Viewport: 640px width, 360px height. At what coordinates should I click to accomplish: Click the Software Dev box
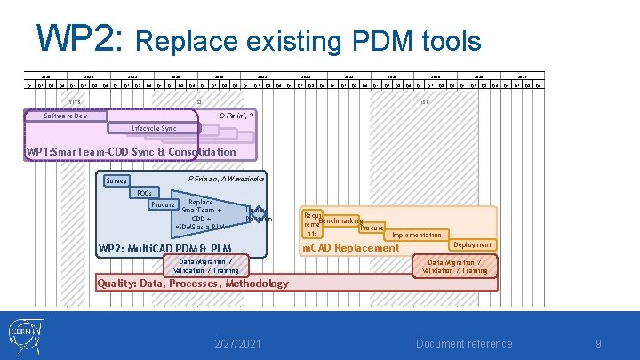[x=68, y=116]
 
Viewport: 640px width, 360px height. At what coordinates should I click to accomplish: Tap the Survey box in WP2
[x=116, y=180]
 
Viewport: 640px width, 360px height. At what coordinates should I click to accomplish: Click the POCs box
[x=143, y=193]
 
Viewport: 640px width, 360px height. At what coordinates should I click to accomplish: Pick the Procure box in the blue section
[x=163, y=204]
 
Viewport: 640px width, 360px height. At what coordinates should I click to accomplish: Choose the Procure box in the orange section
[x=372, y=228]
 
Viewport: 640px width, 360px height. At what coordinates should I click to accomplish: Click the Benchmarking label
[x=340, y=220]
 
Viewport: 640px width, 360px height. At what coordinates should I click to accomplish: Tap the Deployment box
[x=472, y=244]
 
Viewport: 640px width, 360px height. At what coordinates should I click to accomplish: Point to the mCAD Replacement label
[x=351, y=248]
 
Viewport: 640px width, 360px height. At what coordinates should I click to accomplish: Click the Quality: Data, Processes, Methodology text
[x=193, y=284]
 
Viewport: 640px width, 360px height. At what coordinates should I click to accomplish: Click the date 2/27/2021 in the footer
[x=238, y=344]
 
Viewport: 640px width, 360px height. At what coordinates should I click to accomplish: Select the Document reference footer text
[x=464, y=344]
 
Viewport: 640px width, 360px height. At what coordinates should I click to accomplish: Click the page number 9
[x=598, y=344]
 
